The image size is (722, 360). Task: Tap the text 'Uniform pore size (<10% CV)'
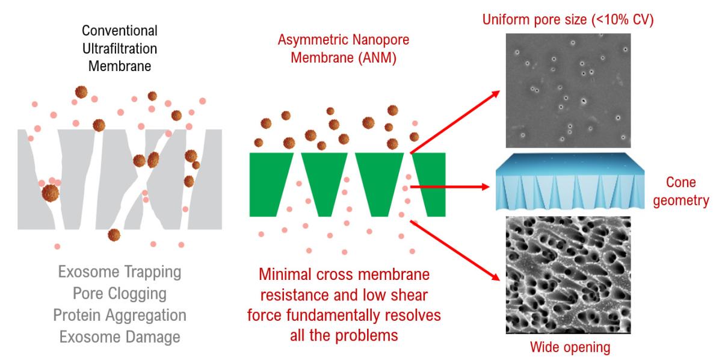[568, 19]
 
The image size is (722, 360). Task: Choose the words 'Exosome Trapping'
[120, 272]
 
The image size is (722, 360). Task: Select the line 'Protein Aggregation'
[120, 315]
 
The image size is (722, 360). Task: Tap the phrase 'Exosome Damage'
[120, 337]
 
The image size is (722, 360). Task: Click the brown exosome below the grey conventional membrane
[114, 235]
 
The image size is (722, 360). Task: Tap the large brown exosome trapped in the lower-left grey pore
[51, 193]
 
